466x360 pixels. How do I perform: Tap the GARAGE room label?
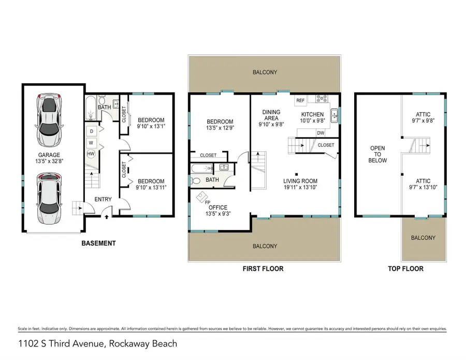tap(48, 155)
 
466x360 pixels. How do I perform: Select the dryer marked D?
tap(91, 131)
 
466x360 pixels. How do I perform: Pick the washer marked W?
tap(91, 142)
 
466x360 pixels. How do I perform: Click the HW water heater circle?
tap(91, 153)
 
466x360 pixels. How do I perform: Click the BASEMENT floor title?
tap(98, 243)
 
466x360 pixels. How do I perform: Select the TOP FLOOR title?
tap(405, 269)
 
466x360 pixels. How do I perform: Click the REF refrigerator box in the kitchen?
tap(300, 100)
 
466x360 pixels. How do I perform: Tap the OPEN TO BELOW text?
tap(377, 154)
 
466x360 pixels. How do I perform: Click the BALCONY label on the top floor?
tap(423, 238)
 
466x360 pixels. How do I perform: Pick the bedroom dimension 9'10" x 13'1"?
tap(151, 126)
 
